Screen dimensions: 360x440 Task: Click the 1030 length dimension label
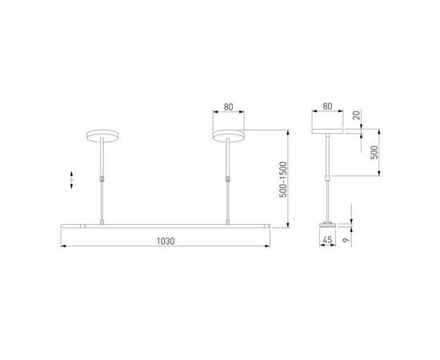tap(166, 240)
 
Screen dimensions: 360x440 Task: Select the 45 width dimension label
tap(326, 237)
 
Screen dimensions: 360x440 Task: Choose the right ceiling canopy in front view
tap(229, 135)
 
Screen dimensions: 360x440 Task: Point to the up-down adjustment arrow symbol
tap(72, 179)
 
